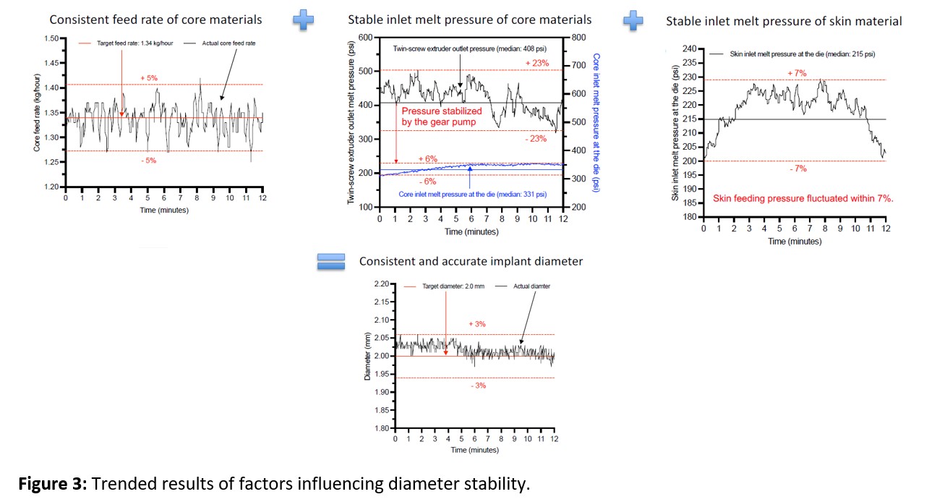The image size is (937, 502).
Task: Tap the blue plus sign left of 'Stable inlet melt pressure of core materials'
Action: coord(304,20)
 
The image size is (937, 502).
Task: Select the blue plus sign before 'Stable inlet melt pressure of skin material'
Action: coord(633,20)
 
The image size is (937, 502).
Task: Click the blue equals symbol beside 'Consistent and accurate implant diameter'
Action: coord(332,262)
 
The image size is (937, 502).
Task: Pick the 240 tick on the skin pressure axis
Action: coord(688,49)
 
